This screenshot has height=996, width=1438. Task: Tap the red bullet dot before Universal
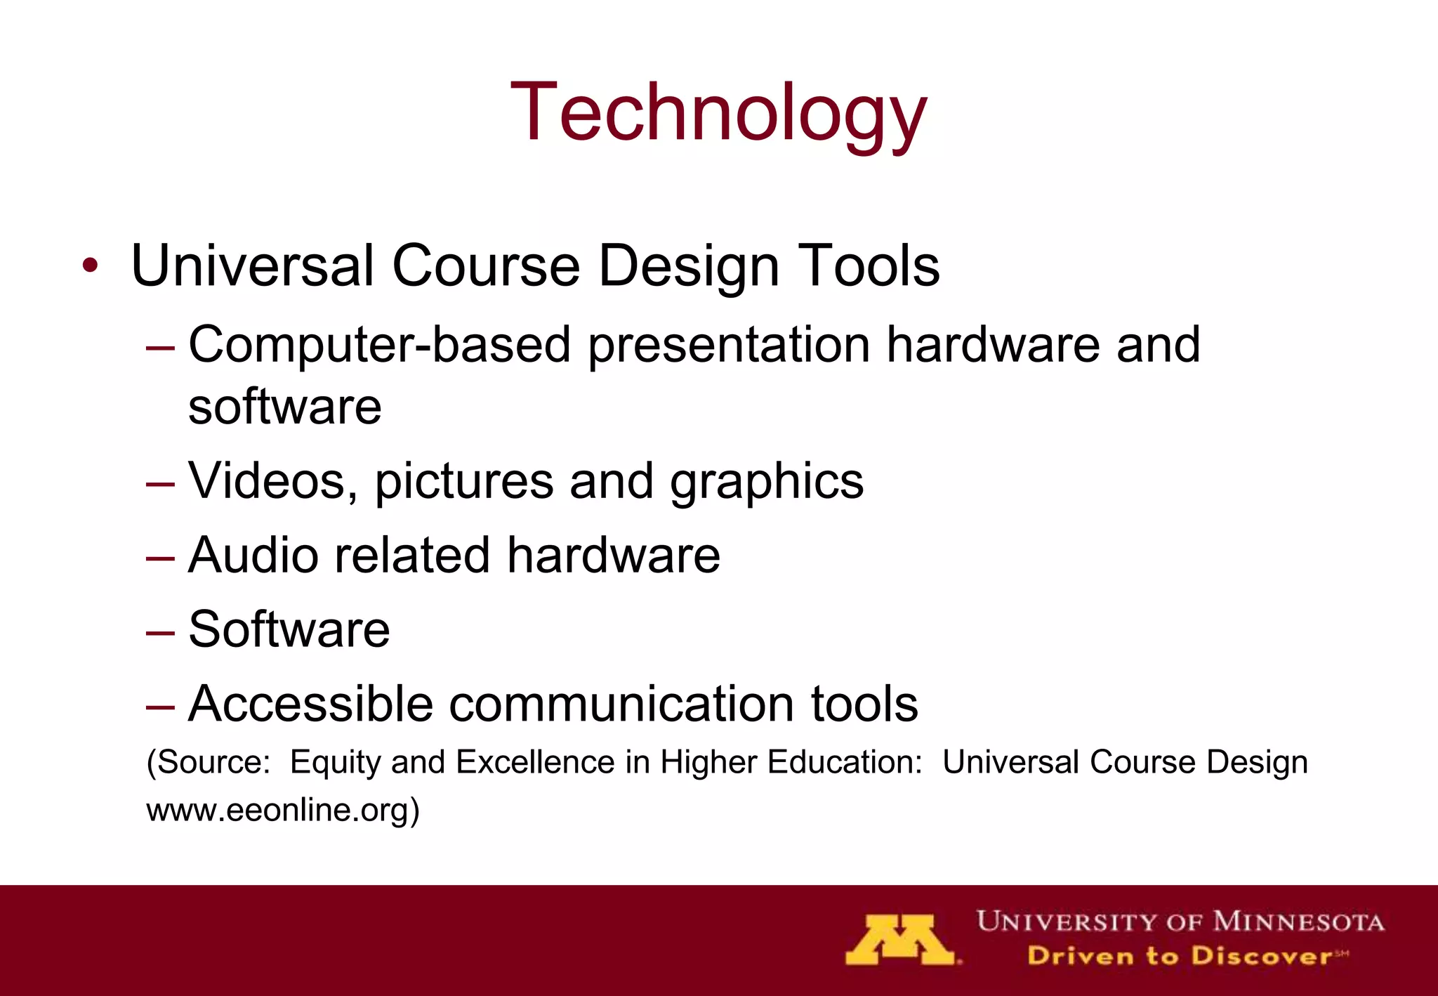[x=89, y=266]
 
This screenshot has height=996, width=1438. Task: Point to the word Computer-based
[x=379, y=344]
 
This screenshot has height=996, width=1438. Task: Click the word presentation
[x=728, y=346]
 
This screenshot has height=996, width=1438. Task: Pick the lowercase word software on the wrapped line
[x=284, y=407]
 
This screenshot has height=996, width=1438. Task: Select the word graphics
[x=767, y=483]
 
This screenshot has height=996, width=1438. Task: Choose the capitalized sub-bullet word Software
[x=289, y=629]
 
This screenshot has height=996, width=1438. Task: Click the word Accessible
[x=310, y=703]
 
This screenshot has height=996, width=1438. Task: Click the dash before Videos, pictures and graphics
[x=160, y=484]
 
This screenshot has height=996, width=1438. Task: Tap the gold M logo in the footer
[x=901, y=939]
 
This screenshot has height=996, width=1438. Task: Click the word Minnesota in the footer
[x=1298, y=921]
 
